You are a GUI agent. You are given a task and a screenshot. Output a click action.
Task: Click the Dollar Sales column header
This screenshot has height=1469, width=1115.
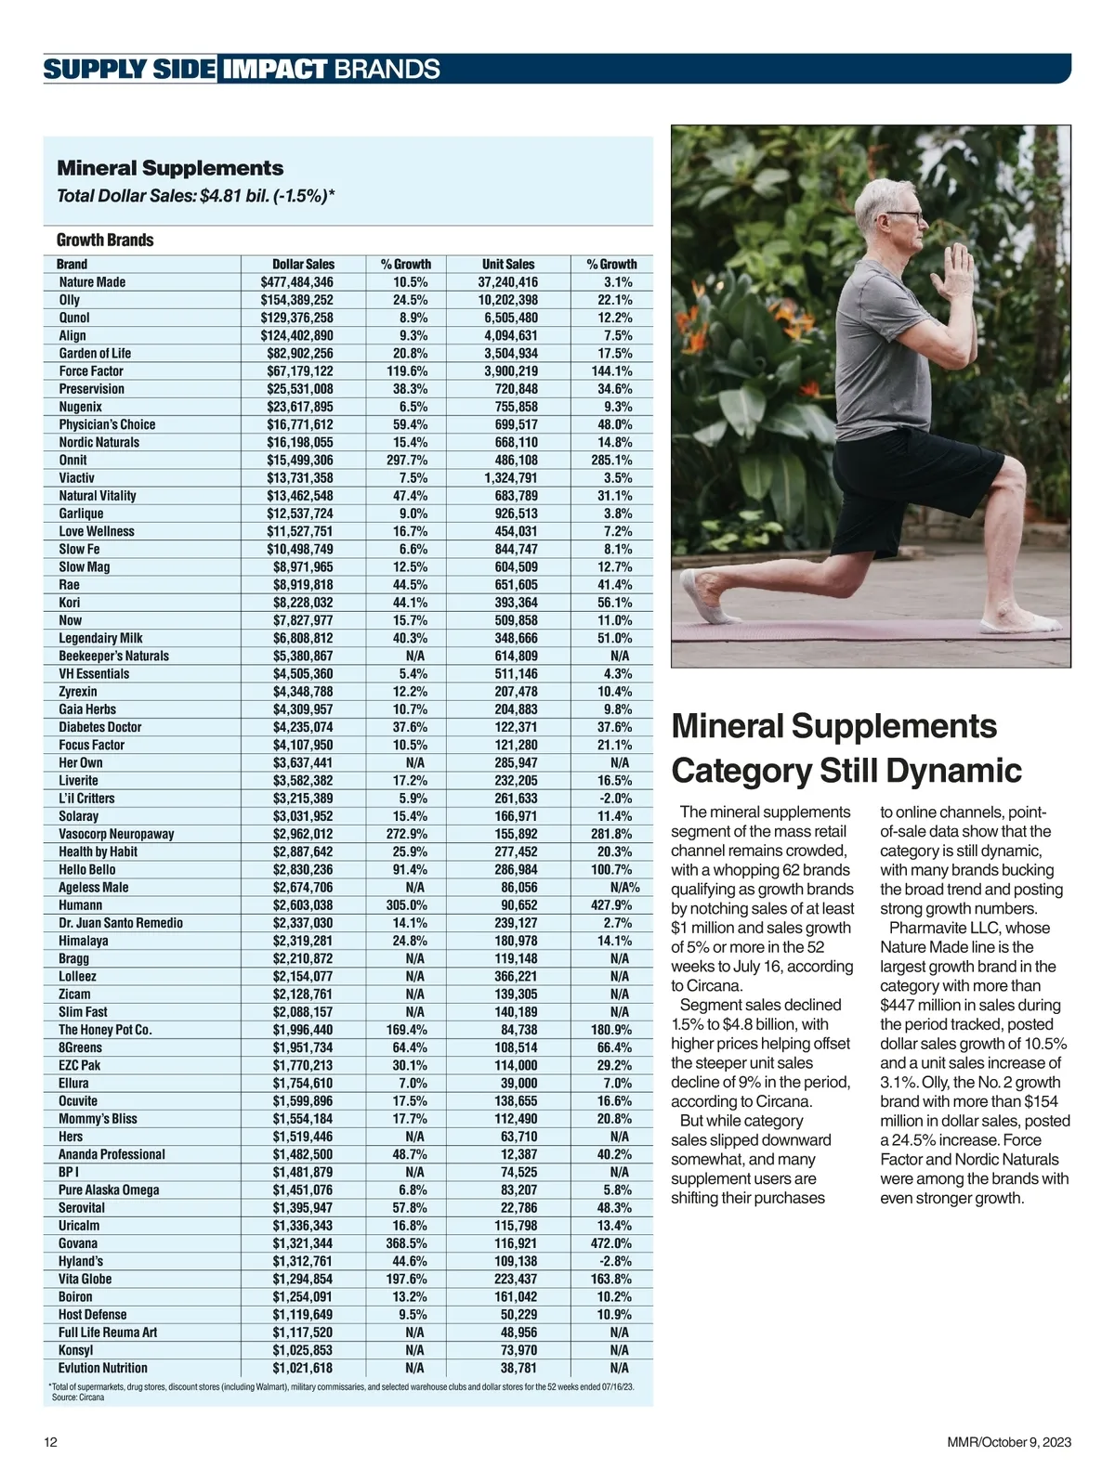[303, 265]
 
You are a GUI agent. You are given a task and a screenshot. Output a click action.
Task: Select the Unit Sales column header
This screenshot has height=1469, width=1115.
[508, 265]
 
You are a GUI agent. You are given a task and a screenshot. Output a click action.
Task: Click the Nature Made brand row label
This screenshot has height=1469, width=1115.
[92, 282]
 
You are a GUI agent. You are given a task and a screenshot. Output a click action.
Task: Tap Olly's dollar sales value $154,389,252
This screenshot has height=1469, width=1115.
[296, 300]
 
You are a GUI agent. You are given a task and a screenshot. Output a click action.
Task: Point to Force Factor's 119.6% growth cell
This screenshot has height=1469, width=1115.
[407, 371]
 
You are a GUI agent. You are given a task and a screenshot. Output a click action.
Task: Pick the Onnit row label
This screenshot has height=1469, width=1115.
[72, 461]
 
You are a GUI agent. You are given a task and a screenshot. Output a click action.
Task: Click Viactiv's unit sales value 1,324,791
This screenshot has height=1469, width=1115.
[510, 478]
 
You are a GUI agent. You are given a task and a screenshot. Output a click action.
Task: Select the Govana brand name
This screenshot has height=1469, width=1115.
[78, 1243]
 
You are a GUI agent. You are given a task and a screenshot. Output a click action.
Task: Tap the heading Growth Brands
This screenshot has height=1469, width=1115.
[105, 240]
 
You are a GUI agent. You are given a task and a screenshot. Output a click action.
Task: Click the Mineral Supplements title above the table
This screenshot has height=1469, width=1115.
[170, 168]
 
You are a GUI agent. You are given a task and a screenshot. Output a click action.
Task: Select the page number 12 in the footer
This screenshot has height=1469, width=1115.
[51, 1442]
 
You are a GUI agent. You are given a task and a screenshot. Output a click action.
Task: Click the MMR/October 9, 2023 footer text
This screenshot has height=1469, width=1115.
[1009, 1442]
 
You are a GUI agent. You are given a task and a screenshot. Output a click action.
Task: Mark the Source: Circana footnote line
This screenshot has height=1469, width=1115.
[78, 1397]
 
